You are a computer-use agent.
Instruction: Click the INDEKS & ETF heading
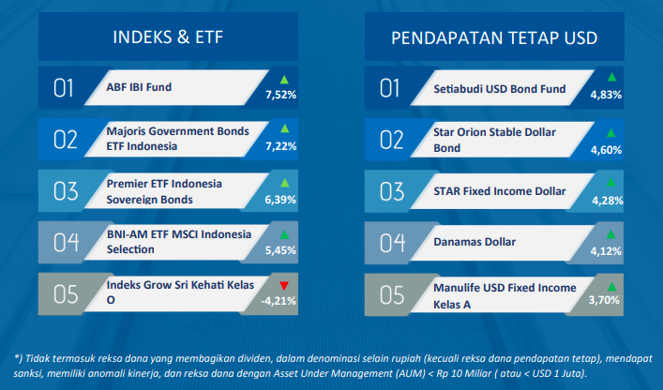click(x=168, y=37)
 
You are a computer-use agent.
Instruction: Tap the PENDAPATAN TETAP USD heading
click(x=494, y=38)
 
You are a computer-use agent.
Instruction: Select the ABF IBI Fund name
click(x=139, y=87)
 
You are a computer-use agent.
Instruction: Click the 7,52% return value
click(x=280, y=95)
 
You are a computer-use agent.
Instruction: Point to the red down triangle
click(x=284, y=286)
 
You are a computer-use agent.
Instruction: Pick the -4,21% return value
click(x=279, y=301)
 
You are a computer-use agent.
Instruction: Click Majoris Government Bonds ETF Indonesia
click(x=177, y=139)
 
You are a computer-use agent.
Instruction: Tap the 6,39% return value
click(x=280, y=200)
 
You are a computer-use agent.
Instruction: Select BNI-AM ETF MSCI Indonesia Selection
click(x=179, y=242)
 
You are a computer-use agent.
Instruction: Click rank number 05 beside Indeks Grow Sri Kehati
click(x=66, y=294)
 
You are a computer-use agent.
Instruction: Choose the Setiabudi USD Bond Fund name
click(x=500, y=89)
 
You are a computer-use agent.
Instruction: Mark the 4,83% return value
click(x=606, y=95)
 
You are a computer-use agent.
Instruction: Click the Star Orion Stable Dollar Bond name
click(x=494, y=140)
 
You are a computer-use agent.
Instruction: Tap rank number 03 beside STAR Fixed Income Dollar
click(x=392, y=191)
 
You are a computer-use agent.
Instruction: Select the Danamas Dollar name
click(x=475, y=242)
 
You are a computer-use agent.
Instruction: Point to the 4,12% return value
click(x=606, y=251)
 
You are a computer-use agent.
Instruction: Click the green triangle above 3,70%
click(x=611, y=287)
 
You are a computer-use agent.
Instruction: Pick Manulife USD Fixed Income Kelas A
click(x=505, y=295)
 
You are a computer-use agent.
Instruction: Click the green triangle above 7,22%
click(x=284, y=128)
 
